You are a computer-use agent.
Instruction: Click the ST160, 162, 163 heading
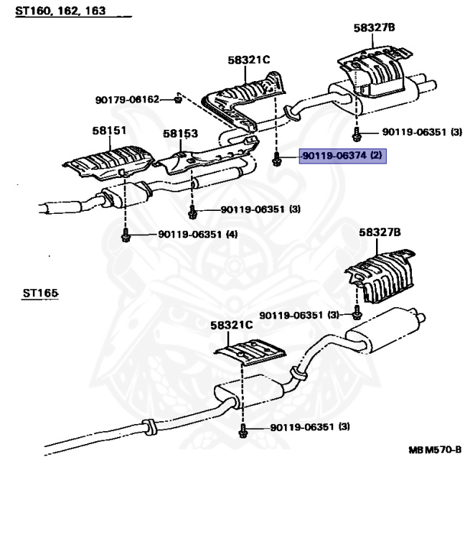click(60, 11)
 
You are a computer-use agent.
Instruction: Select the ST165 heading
click(40, 293)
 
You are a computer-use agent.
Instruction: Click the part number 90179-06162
click(127, 100)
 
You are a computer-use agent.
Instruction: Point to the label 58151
click(109, 131)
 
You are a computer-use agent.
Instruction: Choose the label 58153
click(180, 133)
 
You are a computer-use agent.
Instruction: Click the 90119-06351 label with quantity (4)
click(198, 234)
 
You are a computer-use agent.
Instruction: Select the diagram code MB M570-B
click(435, 450)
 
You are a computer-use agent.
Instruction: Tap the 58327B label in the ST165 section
click(380, 232)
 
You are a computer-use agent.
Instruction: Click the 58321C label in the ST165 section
click(231, 325)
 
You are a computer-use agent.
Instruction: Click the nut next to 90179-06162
click(178, 100)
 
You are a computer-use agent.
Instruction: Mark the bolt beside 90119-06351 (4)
click(126, 235)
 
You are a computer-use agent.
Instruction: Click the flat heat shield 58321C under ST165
click(250, 352)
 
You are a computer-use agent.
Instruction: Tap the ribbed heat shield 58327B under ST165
click(381, 277)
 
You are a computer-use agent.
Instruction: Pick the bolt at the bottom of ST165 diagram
click(243, 430)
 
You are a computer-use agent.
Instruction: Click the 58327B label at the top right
click(375, 27)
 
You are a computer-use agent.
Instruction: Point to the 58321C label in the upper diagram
click(248, 60)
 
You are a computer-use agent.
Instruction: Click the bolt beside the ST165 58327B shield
click(357, 313)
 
